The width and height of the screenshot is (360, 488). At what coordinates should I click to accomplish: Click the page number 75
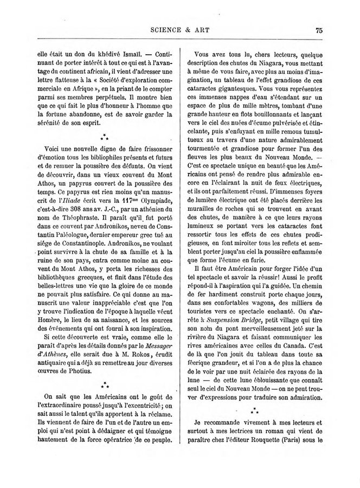(319, 30)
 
